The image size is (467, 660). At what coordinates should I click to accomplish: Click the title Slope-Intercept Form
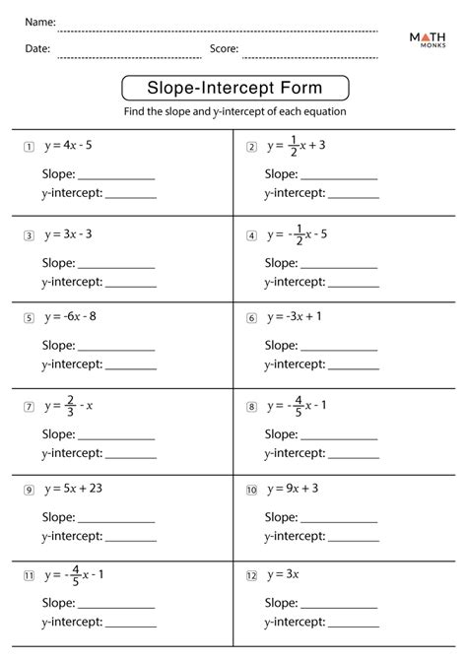(233, 89)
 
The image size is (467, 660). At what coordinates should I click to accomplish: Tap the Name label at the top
(40, 22)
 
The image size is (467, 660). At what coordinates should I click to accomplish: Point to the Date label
(38, 47)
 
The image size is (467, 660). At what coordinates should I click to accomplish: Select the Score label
(225, 47)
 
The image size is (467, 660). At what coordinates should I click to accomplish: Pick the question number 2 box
(251, 147)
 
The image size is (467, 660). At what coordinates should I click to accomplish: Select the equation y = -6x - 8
(71, 317)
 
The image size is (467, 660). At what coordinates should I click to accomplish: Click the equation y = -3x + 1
(294, 317)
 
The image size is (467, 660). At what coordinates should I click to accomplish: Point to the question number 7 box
(30, 406)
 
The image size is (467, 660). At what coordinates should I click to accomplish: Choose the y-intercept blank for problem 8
(353, 455)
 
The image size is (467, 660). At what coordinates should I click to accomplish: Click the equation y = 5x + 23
(77, 489)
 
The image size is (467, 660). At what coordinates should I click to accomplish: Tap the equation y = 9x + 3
(297, 489)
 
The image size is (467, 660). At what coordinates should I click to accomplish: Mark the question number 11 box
(30, 573)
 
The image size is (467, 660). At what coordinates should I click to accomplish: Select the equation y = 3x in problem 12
(286, 573)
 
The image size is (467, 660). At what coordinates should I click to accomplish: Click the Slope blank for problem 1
(115, 178)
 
